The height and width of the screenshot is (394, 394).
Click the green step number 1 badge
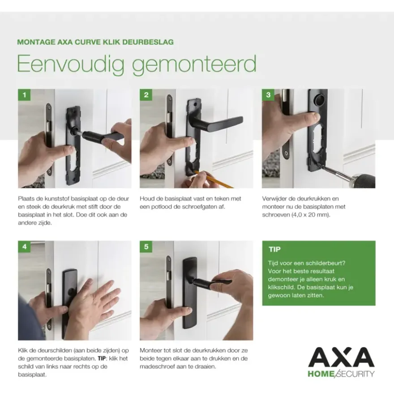24,95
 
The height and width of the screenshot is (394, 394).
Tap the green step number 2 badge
146,95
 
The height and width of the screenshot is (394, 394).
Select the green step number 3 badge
268,95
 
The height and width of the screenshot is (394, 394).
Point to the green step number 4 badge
24,247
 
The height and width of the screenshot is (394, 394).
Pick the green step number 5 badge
146,247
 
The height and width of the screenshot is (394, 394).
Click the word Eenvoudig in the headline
71,64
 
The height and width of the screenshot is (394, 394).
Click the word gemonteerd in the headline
194,65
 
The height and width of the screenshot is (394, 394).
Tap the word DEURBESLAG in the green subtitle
148,42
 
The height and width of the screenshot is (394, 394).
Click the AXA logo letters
342,357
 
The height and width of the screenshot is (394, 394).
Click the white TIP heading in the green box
274,249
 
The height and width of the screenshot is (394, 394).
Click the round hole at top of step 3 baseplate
320,100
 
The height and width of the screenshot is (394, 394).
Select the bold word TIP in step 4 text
102,358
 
